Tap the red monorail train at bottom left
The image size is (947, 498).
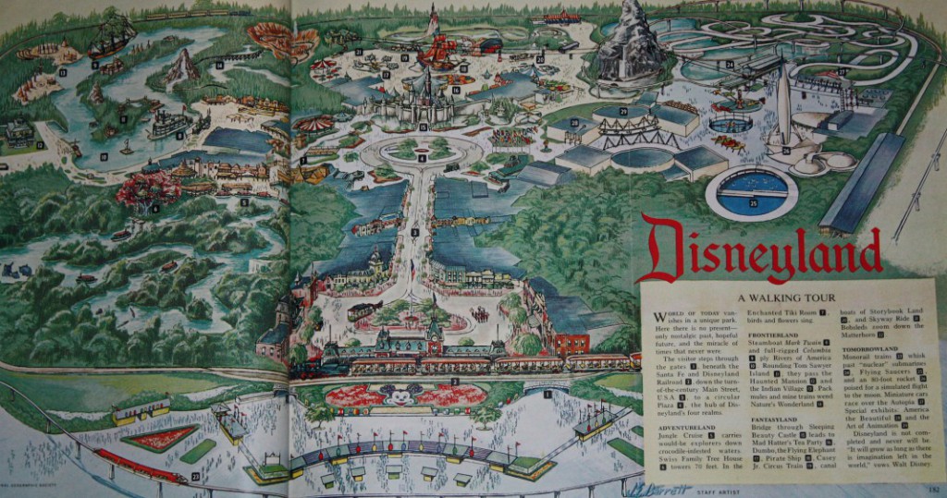[140, 465]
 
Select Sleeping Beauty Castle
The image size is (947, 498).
[423, 102]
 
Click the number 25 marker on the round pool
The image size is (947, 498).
[753, 201]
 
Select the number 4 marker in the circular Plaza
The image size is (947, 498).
[422, 158]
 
